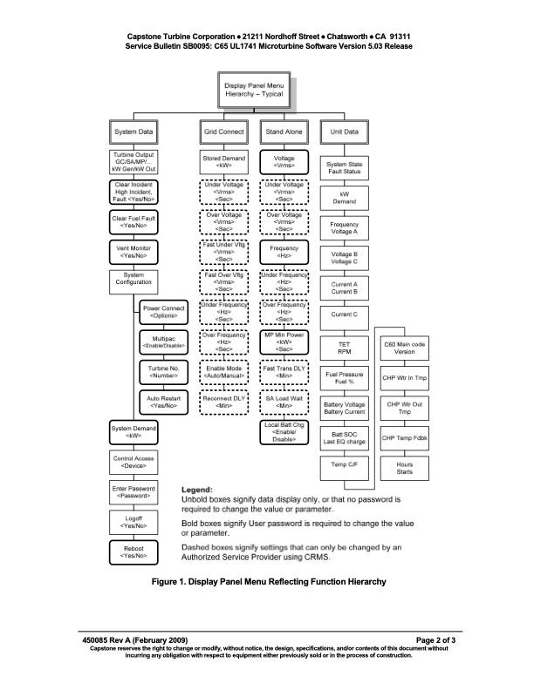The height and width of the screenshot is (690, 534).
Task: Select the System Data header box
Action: [x=134, y=132]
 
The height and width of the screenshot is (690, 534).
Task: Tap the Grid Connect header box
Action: [x=223, y=132]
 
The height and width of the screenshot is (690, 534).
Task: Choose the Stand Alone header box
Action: [x=284, y=132]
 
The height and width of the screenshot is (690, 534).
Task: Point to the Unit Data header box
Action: [x=344, y=132]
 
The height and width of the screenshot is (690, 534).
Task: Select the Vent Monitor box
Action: [x=134, y=252]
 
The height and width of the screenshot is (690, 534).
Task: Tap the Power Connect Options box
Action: [x=165, y=312]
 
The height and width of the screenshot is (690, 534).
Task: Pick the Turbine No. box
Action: [x=165, y=372]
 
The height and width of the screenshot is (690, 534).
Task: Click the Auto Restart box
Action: [x=165, y=402]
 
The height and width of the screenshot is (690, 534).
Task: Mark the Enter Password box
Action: [x=134, y=492]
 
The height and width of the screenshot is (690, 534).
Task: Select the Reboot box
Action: [x=134, y=551]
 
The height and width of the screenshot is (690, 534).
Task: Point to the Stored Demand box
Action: [x=223, y=162]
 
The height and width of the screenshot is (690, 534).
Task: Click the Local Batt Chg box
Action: [x=284, y=432]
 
